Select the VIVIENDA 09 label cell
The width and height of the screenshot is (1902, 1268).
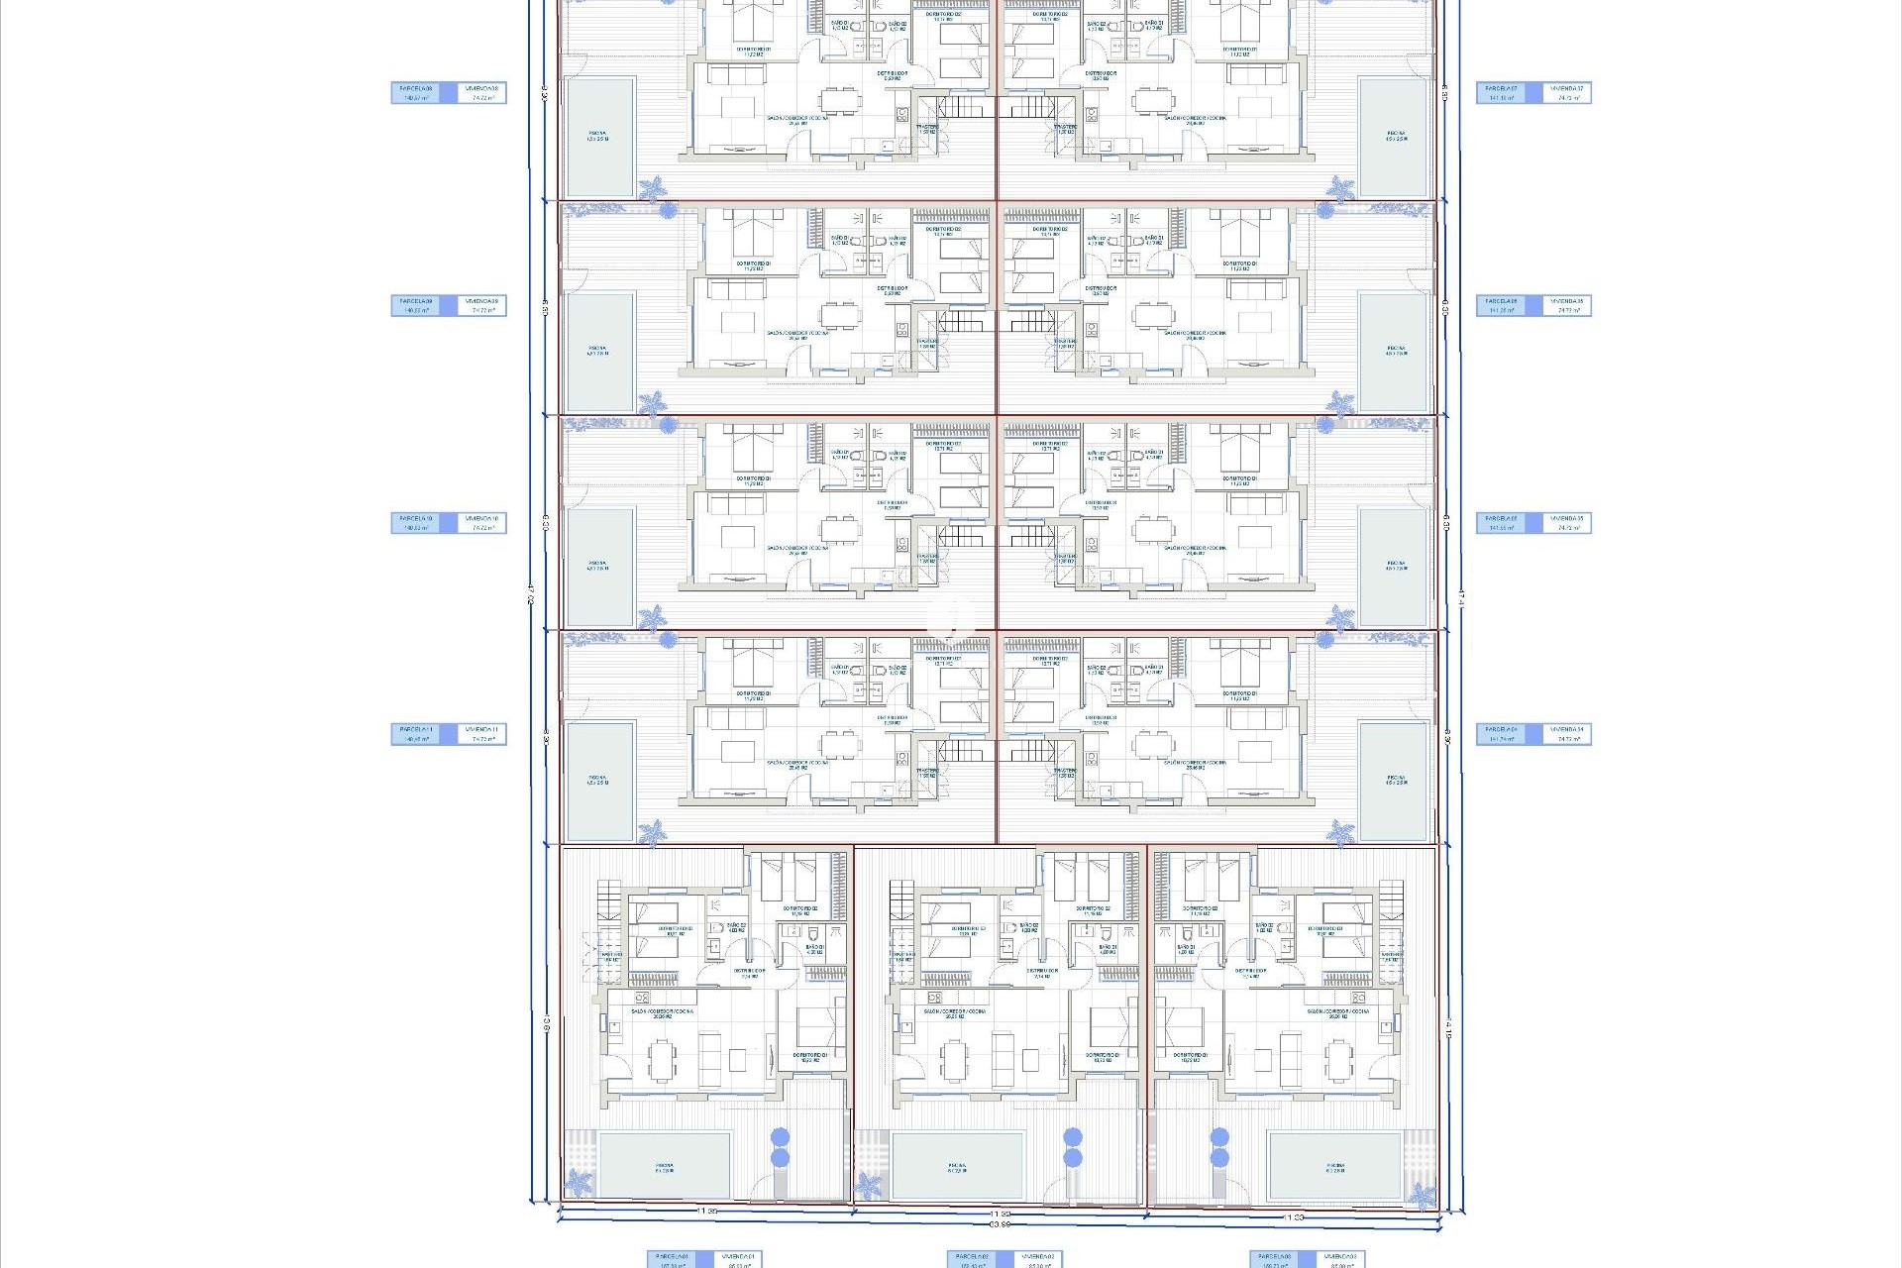tap(483, 306)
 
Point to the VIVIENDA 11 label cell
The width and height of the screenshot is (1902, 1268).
tap(483, 734)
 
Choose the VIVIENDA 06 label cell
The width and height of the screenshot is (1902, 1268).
tap(1566, 306)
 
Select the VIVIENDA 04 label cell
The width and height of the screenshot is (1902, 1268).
tap(1566, 734)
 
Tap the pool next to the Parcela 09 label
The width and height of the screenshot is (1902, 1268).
tap(598, 352)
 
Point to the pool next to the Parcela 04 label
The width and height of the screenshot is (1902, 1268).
tap(1396, 781)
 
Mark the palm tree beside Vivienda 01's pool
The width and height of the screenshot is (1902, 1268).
tap(579, 1183)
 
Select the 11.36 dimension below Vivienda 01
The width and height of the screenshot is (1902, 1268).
tap(706, 1212)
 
